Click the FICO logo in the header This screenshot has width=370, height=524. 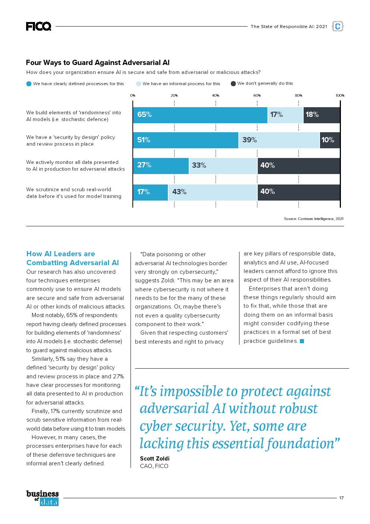coord(38,26)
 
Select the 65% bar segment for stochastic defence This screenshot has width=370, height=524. coord(200,115)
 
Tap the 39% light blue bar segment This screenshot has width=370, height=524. coord(279,140)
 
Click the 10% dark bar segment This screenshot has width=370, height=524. coord(330,140)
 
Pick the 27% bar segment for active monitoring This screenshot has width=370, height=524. coord(161,165)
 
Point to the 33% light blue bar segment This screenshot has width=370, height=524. coord(223,165)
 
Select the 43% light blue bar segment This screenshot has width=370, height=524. coord(213,192)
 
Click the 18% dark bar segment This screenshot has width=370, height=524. coord(322,115)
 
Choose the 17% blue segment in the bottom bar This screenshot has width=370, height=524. coord(150,192)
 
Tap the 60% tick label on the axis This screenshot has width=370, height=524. coord(257,96)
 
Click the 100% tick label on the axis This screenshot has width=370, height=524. coord(340,96)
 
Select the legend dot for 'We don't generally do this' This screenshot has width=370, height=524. coord(233,84)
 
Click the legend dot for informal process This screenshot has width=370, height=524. coord(139,84)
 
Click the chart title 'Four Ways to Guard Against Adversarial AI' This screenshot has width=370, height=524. coord(98,63)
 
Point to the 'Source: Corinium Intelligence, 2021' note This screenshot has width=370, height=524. coord(314,219)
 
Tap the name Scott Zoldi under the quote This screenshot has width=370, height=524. coord(155,459)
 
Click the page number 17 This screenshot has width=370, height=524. coord(341,498)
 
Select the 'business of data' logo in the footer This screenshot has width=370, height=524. coord(43,498)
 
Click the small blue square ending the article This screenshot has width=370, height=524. coord(302,341)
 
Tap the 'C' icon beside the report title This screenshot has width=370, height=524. coord(338,26)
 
